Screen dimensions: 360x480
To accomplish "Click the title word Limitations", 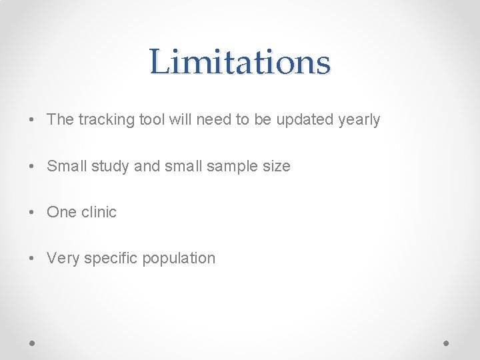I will click(x=240, y=62).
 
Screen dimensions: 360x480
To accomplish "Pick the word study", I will click(x=111, y=166).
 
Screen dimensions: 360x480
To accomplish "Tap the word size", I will click(x=276, y=166).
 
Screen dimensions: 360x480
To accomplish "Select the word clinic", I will click(x=99, y=212).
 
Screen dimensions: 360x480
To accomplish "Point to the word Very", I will click(x=63, y=258).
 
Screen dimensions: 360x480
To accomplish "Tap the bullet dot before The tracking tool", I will click(x=32, y=121).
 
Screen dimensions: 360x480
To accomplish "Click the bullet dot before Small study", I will click(x=32, y=167).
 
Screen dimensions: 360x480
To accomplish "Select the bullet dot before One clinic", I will click(x=32, y=213).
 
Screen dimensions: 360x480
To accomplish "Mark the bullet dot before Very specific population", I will click(x=32, y=259).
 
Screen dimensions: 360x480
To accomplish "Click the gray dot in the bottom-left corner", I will click(x=32, y=343).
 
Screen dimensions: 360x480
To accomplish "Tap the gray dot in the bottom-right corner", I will click(x=447, y=343).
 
